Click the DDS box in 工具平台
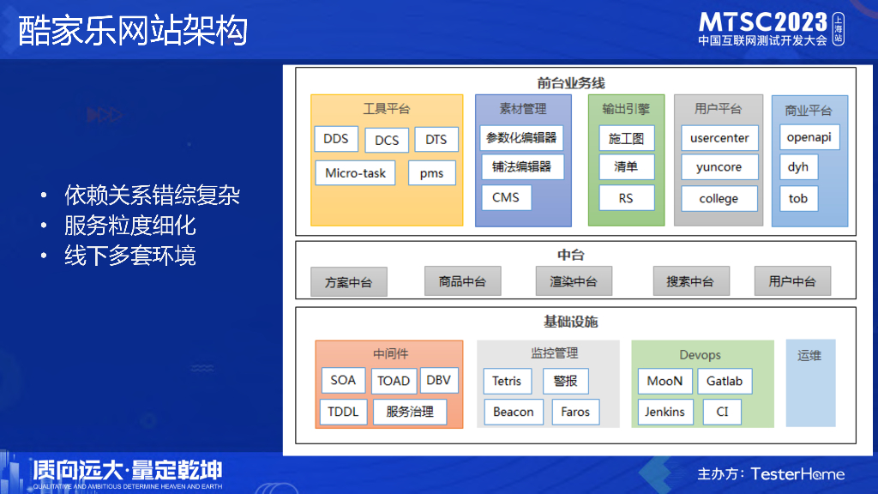[x=336, y=139]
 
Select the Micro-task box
[x=355, y=173]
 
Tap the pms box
[x=432, y=173]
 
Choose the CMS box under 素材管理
[x=506, y=197]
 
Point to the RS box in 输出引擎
[x=626, y=198]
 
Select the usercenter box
[x=719, y=137]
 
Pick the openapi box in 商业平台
[x=809, y=137]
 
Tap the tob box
[x=798, y=198]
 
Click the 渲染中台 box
[x=573, y=281]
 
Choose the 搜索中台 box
[x=690, y=281]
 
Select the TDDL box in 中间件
[x=343, y=412]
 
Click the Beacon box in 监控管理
[x=514, y=412]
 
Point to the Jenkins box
[x=665, y=412]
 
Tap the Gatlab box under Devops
[x=725, y=381]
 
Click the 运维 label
[x=809, y=355]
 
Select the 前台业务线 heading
[x=571, y=83]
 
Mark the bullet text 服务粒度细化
[x=130, y=226]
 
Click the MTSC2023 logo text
[x=763, y=21]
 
